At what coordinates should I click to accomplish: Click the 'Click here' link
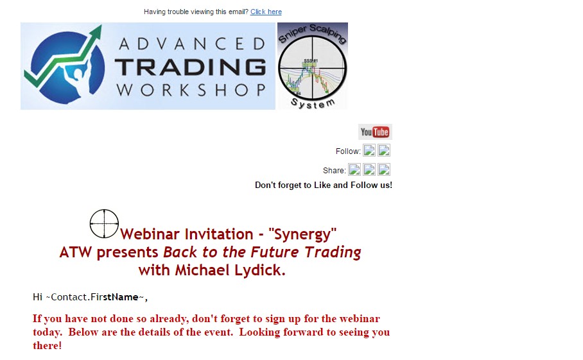coord(266,12)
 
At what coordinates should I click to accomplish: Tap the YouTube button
coord(375,132)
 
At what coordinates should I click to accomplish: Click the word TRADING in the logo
coord(190,67)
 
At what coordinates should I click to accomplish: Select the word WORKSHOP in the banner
coord(191,90)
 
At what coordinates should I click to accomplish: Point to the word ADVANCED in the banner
coord(192,44)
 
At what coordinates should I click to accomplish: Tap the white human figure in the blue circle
coord(77,74)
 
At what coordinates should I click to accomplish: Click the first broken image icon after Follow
coord(369,150)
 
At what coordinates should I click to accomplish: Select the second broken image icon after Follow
coord(384,150)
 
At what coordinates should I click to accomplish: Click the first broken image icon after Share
coord(354,170)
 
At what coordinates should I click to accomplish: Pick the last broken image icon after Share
coord(384,170)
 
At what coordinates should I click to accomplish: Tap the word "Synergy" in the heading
coord(302,234)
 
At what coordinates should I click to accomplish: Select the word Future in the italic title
coord(274,252)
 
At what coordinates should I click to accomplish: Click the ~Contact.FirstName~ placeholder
coord(95,297)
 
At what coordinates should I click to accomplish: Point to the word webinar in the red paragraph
coord(360,318)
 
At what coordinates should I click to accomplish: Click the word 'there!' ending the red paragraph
coord(48,345)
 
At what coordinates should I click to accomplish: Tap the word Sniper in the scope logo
coord(292,34)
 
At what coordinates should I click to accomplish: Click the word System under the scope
coord(313,104)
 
